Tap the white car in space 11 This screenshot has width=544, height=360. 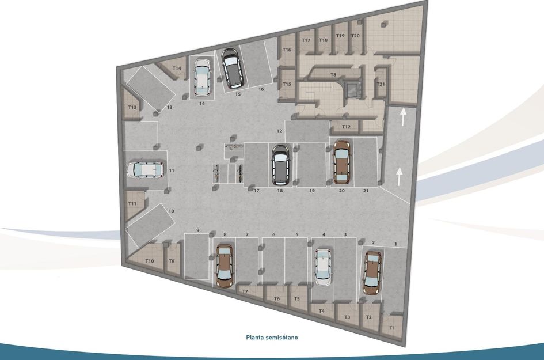pyautogui.click(x=144, y=170)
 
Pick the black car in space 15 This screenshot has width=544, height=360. pyautogui.click(x=233, y=68)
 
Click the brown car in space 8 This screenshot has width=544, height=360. pyautogui.click(x=224, y=266)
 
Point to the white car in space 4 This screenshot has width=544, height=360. pyautogui.click(x=324, y=267)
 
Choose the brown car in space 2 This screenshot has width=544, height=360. pyautogui.click(x=372, y=272)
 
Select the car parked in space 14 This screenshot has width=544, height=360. pyautogui.click(x=202, y=78)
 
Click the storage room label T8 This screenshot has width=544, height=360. pyautogui.click(x=333, y=75)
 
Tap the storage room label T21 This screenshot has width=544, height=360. pyautogui.click(x=381, y=84)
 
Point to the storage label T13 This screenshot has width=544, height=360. pyautogui.click(x=132, y=107)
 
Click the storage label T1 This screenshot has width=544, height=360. pyautogui.click(x=393, y=328)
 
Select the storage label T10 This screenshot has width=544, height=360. pyautogui.click(x=150, y=261)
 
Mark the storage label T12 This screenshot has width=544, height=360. pyautogui.click(x=346, y=127)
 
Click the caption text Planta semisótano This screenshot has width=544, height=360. pyautogui.click(x=272, y=338)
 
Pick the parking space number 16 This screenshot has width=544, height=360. pyautogui.click(x=261, y=89)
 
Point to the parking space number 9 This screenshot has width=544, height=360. pyautogui.click(x=197, y=230)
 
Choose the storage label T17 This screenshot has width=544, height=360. pyautogui.click(x=306, y=40)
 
